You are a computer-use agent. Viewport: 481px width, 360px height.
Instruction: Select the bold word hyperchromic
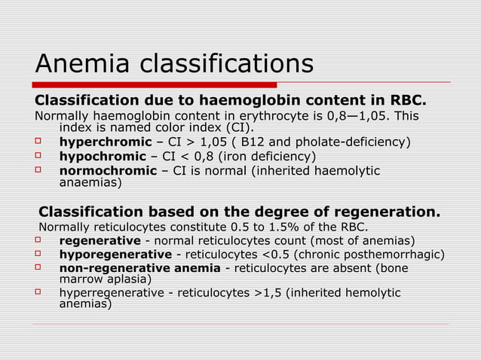click(106, 142)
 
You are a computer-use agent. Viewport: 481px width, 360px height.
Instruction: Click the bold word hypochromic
click(103, 157)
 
